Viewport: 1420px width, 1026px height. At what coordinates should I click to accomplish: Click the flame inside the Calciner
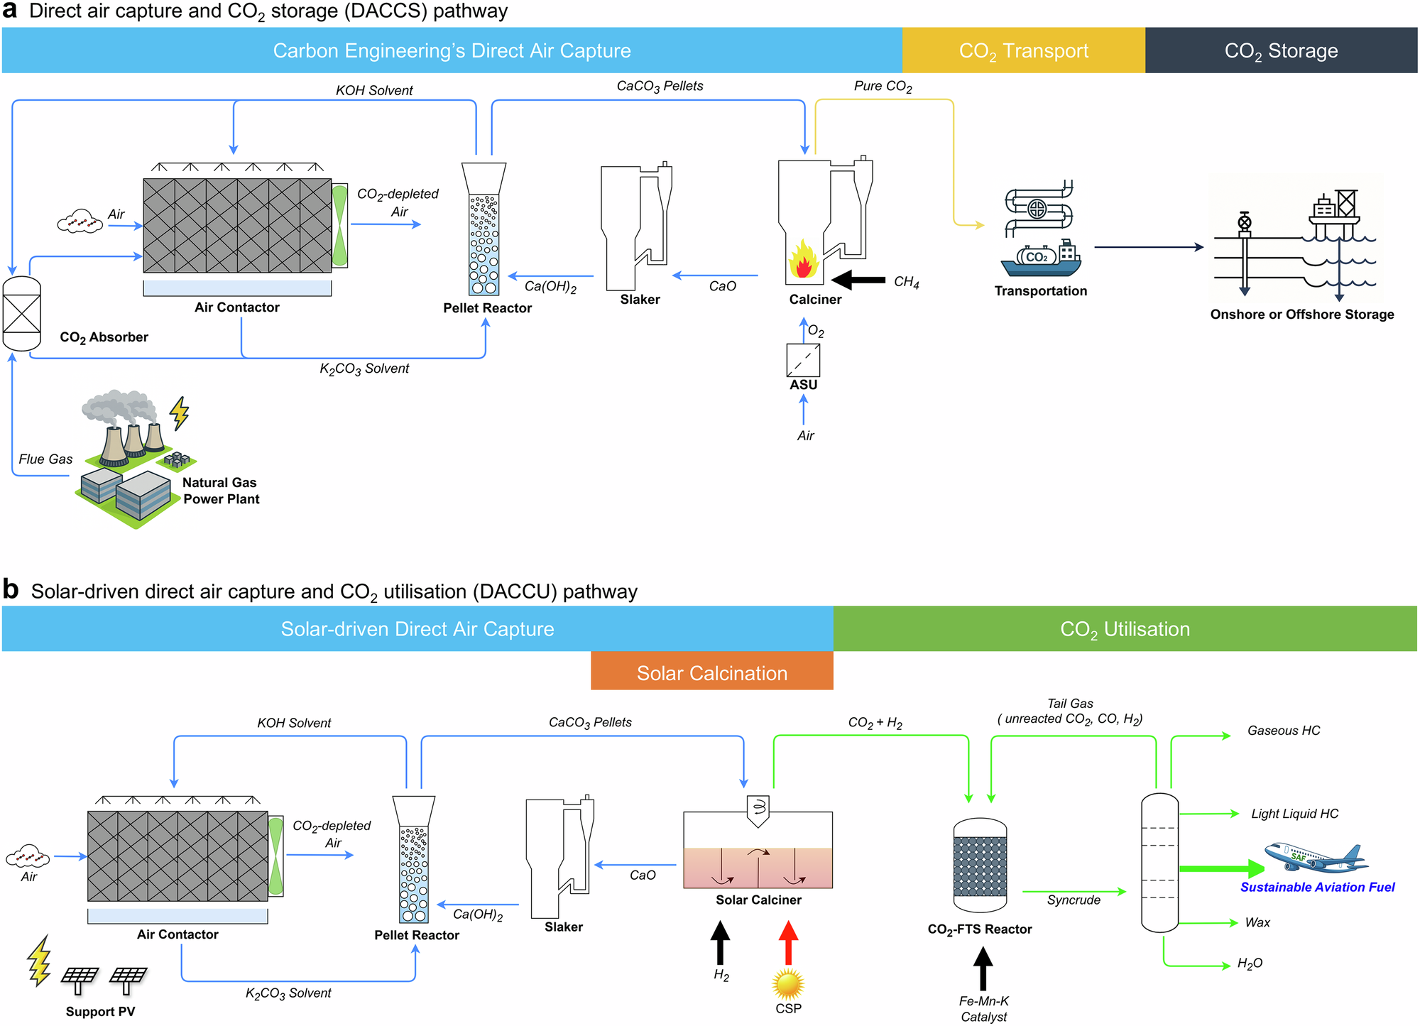point(803,261)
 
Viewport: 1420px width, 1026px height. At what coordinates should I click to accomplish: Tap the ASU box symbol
point(803,360)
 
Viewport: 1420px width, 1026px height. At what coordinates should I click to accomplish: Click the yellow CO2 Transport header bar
point(1023,50)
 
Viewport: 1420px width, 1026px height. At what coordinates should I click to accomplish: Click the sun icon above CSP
point(788,984)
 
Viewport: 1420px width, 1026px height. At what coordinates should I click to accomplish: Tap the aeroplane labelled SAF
point(1314,857)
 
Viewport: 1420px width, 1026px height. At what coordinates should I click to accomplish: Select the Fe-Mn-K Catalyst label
point(983,1008)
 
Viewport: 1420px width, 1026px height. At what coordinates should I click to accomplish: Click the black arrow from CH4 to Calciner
point(858,280)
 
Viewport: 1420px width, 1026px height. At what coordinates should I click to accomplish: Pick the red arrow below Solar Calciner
point(788,942)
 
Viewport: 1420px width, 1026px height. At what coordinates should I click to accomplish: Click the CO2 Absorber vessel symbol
point(22,313)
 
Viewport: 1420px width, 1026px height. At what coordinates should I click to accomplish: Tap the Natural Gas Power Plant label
point(221,491)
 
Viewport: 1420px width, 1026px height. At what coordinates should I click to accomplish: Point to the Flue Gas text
point(45,459)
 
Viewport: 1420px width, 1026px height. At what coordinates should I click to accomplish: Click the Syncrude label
point(1074,900)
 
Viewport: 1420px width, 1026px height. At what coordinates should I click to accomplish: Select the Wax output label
point(1257,922)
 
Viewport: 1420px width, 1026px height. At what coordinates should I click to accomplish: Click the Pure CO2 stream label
point(883,87)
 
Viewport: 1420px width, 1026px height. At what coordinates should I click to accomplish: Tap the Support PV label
point(100,1011)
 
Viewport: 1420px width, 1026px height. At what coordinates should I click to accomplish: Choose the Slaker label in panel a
point(640,300)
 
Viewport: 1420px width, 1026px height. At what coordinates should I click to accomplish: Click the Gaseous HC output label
point(1283,731)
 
